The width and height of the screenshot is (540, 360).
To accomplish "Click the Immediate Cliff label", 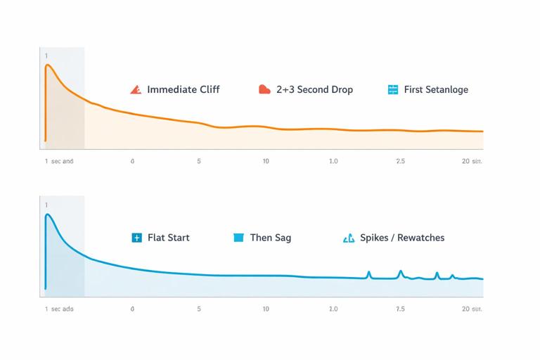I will (183, 89).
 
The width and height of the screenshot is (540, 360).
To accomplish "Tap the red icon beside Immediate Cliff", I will (136, 89).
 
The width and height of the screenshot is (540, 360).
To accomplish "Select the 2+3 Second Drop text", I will (314, 89).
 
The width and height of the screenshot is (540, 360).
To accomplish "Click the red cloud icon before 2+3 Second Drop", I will (264, 89).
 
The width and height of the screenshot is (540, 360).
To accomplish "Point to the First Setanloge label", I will (435, 89).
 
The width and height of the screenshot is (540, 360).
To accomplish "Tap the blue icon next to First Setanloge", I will (393, 89).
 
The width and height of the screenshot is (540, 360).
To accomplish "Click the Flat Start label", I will (168, 238).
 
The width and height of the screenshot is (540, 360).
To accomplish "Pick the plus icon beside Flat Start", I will (136, 238).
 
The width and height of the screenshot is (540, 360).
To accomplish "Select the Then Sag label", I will (270, 238).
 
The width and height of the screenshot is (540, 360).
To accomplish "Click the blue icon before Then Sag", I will (238, 238).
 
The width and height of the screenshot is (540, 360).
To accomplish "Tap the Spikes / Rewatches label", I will (402, 238).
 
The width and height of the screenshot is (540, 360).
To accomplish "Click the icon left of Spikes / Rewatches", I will (349, 238).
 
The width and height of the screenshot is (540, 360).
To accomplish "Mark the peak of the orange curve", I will (47, 65).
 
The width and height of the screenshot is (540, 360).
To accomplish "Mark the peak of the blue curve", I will (47, 214).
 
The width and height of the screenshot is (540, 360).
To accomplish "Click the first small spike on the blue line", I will (368, 271).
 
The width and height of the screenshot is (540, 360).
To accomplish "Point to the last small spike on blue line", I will (452, 275).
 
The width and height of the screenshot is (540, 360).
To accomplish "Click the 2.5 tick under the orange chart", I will (400, 161).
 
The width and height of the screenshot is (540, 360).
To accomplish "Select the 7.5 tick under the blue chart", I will (400, 309).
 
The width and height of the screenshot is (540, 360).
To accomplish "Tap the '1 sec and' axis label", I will (59, 161).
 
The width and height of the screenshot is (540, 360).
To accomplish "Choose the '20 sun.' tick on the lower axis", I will (472, 309).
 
